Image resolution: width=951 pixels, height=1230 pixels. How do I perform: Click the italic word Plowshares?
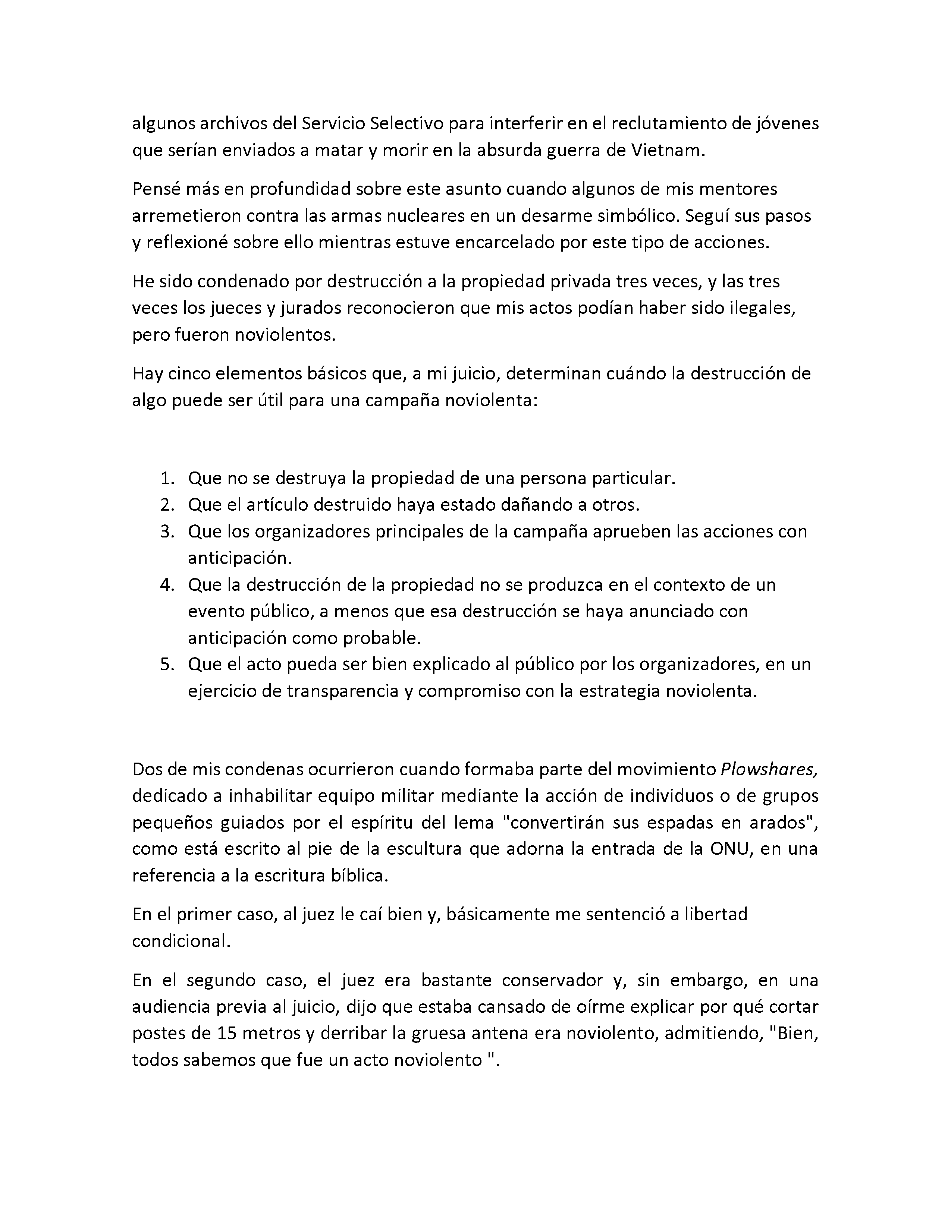pos(769,770)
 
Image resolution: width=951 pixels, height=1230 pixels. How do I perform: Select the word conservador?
pos(553,981)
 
